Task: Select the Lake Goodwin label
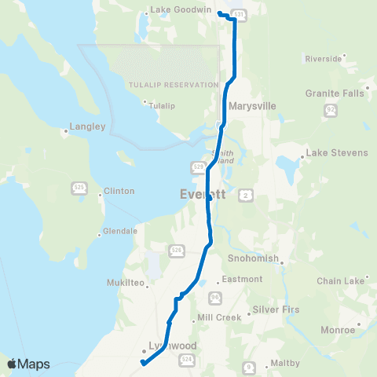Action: tap(174, 10)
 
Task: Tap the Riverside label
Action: tap(323, 58)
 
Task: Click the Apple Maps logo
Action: tap(28, 364)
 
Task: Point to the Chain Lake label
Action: tap(340, 281)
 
